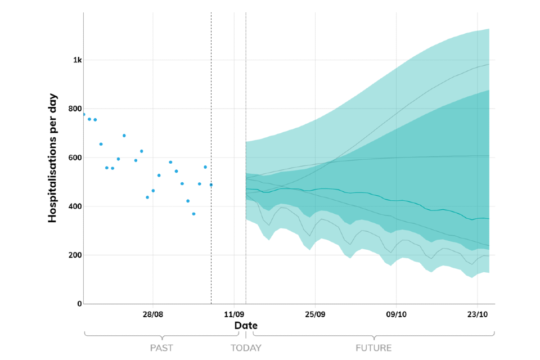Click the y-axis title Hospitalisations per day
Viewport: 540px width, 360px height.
pos(53,157)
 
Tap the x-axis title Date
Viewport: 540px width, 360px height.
pos(246,326)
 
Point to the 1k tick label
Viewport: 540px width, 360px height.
pos(76,60)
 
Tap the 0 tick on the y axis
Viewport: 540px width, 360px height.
pos(79,304)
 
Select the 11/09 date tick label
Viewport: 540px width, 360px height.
pos(234,314)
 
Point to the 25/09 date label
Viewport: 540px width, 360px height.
pos(315,314)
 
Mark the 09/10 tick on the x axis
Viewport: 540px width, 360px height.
pos(396,314)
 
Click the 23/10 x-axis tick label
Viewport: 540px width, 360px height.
pos(477,314)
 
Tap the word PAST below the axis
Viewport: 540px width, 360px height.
pos(161,348)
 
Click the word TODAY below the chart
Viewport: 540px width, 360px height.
pos(246,348)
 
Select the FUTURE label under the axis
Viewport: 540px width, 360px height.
pos(373,348)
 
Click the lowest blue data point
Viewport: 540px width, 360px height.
pos(193,214)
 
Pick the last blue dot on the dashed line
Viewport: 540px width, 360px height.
pos(211,184)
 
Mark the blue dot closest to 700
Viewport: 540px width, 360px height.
pos(124,136)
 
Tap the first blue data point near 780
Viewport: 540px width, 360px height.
pos(84,114)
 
